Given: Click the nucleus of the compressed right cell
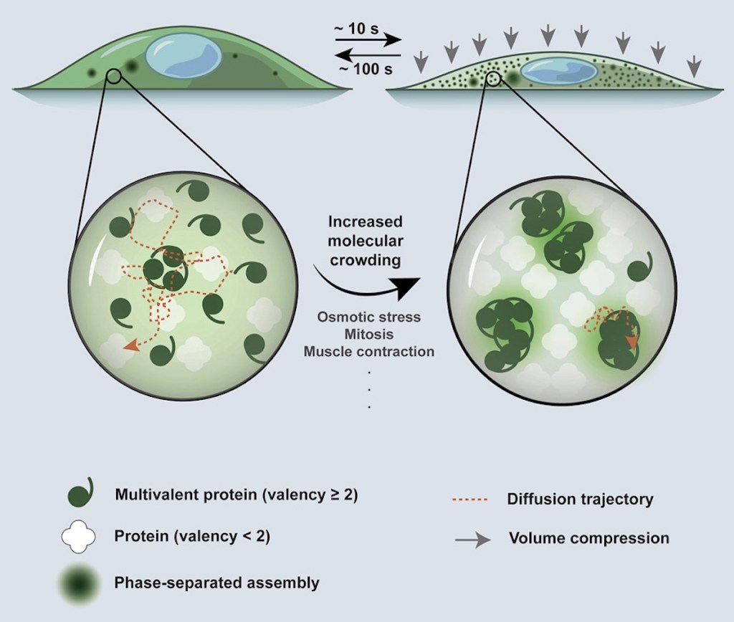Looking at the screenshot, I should (558, 71).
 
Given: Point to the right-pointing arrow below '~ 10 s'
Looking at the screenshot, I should (368, 42).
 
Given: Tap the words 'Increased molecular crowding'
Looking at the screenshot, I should (365, 241).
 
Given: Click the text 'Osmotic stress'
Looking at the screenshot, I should (368, 317).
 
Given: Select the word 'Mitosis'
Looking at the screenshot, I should (368, 334).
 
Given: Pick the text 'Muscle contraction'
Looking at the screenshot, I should (368, 352).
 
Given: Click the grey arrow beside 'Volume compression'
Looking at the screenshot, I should (471, 538).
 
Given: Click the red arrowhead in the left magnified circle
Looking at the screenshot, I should (131, 346).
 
